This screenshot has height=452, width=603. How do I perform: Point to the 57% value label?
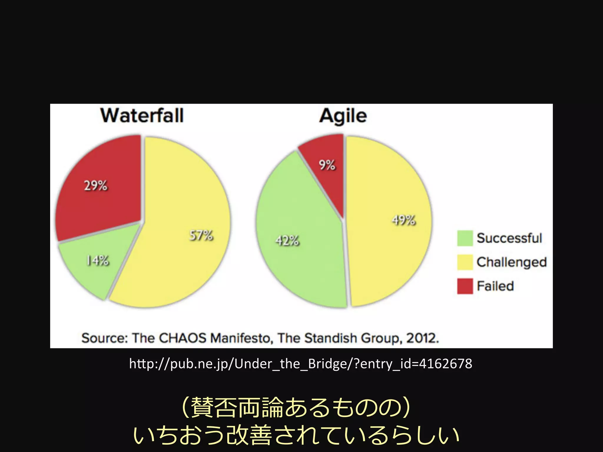[201, 235]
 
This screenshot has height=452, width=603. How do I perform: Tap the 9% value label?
[327, 165]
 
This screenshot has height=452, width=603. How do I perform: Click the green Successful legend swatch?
[465, 238]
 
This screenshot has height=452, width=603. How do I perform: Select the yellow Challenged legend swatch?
[465, 262]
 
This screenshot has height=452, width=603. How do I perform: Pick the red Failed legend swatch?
[465, 286]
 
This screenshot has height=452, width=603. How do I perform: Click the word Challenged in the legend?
[511, 262]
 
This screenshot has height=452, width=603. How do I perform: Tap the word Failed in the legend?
[495, 286]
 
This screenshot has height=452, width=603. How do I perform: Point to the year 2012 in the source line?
[422, 338]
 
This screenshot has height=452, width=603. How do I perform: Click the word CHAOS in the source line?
[182, 338]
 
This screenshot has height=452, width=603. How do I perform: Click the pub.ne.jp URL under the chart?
[301, 364]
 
